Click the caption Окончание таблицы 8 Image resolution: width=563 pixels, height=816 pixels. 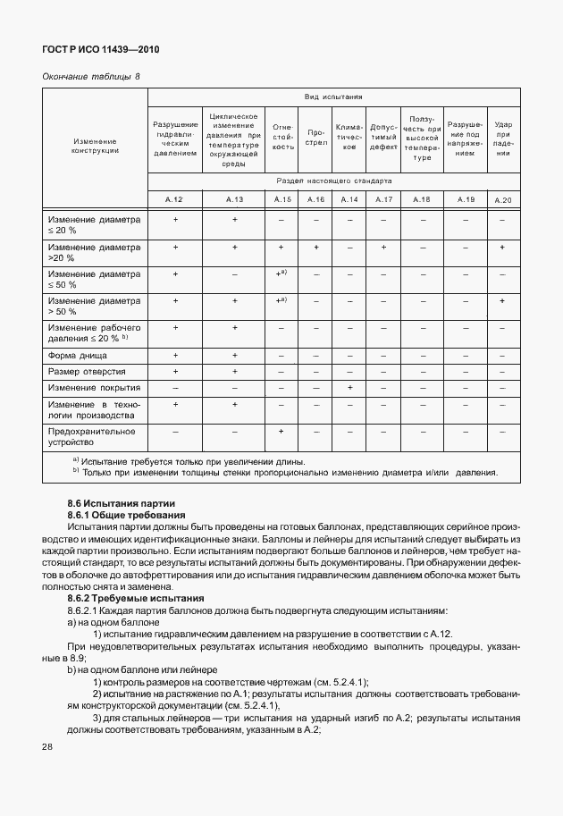pyautogui.click(x=91, y=78)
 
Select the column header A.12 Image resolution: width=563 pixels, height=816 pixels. pyautogui.click(x=175, y=199)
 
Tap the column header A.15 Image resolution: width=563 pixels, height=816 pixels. pyautogui.click(x=282, y=199)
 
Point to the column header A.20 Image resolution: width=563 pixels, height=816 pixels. pyautogui.click(x=503, y=199)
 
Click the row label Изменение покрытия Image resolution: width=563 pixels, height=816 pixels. pyautogui.click(x=94, y=389)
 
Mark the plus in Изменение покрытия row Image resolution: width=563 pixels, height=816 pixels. pyautogui.click(x=349, y=388)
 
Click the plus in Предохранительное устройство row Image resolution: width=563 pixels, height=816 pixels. pyautogui.click(x=281, y=432)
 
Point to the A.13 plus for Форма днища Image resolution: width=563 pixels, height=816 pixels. pyautogui.click(x=234, y=356)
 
